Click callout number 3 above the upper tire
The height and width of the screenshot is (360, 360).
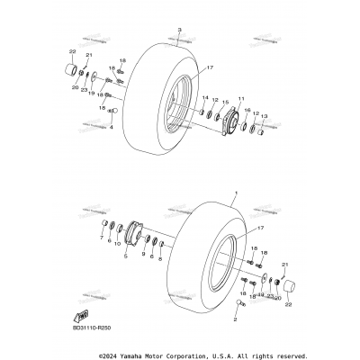(179, 31)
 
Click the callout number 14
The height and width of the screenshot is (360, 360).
(204, 98)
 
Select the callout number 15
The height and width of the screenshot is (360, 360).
(225, 103)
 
